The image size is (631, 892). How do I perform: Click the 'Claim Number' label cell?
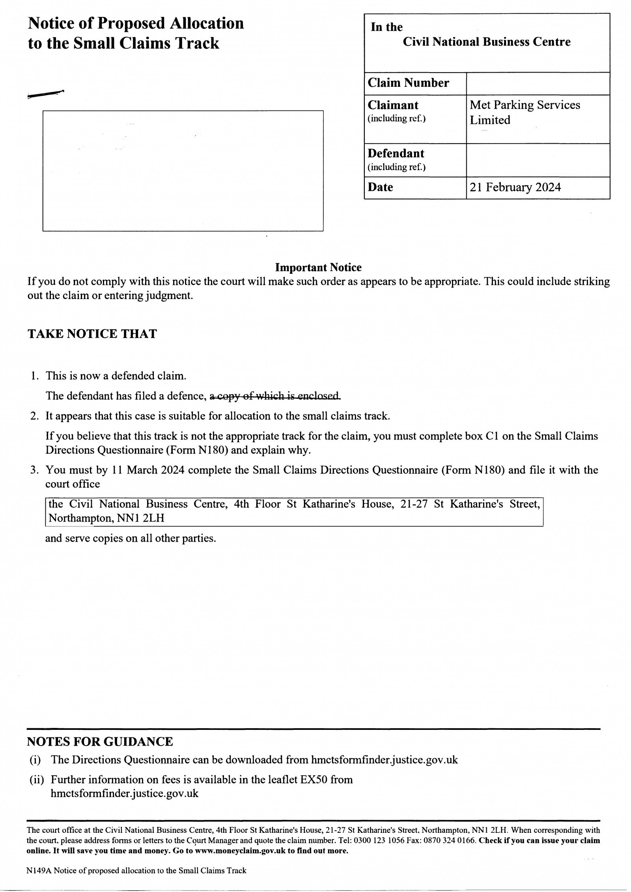click(x=408, y=83)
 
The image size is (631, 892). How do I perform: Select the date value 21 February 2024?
click(x=515, y=187)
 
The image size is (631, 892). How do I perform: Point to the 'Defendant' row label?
click(x=396, y=153)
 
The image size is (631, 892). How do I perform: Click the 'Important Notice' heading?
click(x=318, y=267)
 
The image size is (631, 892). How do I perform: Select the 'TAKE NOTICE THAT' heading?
click(x=92, y=334)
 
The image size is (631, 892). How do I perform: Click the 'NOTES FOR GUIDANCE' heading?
click(x=100, y=742)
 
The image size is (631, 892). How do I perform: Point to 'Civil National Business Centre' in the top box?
click(x=486, y=42)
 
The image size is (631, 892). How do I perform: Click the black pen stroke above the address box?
click(x=46, y=94)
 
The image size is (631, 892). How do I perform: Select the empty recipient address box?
click(x=183, y=170)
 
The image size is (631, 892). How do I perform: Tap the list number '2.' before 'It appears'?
click(x=35, y=416)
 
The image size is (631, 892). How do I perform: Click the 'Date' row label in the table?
click(x=380, y=187)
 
